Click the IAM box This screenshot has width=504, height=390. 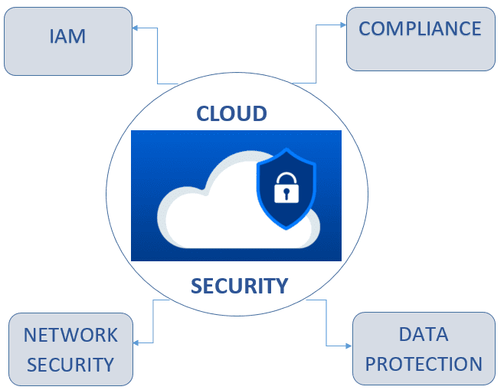click(x=67, y=41)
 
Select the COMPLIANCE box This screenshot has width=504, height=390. click(x=420, y=38)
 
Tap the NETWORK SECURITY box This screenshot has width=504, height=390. click(x=70, y=349)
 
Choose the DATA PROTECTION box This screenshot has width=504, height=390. click(x=424, y=349)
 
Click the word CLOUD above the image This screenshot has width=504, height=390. click(x=232, y=114)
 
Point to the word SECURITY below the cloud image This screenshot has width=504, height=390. click(x=240, y=287)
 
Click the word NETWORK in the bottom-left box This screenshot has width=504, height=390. click(x=70, y=335)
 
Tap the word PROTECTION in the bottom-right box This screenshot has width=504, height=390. click(x=424, y=363)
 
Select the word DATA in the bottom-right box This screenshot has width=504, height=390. click(x=424, y=335)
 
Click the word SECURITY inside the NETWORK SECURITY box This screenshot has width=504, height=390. click(x=70, y=364)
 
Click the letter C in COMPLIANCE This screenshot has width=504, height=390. click(x=365, y=29)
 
